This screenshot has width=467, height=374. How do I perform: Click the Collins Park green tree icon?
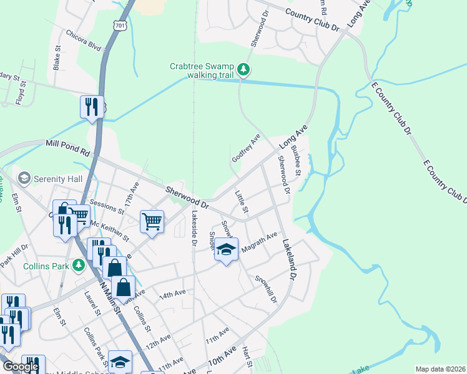point(78,266)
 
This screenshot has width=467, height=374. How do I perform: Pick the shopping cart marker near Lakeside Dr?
point(152,221)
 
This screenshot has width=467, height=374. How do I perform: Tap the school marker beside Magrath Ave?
point(227,251)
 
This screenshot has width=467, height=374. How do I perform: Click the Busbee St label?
point(297,161)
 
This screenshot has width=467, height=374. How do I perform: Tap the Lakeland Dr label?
point(288,259)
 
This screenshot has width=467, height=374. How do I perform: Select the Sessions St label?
point(104,203)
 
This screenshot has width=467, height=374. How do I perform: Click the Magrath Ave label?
point(258,242)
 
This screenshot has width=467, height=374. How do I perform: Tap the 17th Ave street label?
point(132,196)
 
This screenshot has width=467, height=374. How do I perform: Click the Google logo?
point(21,367)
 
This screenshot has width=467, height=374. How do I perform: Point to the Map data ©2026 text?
point(441,369)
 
